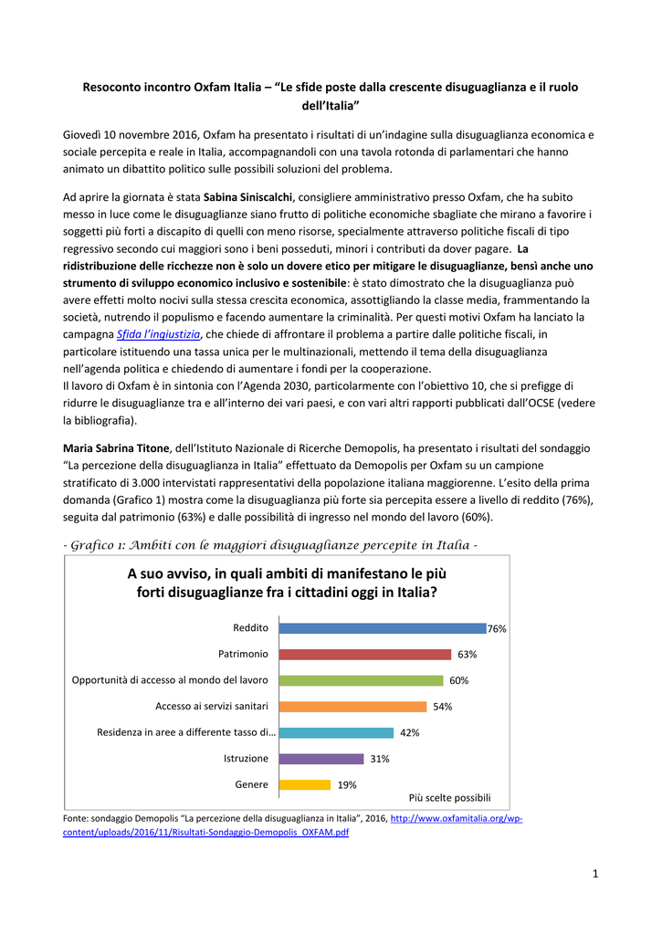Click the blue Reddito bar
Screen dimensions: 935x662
pyautogui.click(x=382, y=628)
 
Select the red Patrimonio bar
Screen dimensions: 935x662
pyautogui.click(x=364, y=654)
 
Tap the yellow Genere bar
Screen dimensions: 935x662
pyautogui.click(x=304, y=784)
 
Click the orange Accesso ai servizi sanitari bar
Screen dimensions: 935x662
pyautogui.click(x=352, y=706)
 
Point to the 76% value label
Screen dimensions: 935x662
pyautogui.click(x=497, y=629)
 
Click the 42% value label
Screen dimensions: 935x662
pyautogui.click(x=410, y=732)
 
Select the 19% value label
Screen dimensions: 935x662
pyautogui.click(x=347, y=784)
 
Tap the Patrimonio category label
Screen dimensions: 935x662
pyautogui.click(x=243, y=654)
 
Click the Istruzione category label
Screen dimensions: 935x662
pyautogui.click(x=246, y=759)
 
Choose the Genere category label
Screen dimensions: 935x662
pyautogui.click(x=252, y=784)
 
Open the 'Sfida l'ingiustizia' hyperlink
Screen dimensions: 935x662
pyautogui.click(x=159, y=334)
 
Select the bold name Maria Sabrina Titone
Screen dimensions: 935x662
pyautogui.click(x=116, y=448)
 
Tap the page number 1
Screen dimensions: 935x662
pyautogui.click(x=594, y=875)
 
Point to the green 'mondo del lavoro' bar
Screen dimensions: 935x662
pyautogui.click(x=361, y=680)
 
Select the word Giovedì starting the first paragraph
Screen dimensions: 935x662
pyautogui.click(x=83, y=135)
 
